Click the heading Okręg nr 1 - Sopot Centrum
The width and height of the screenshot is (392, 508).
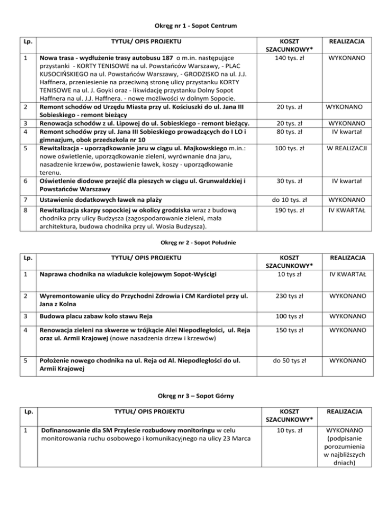point(196,25)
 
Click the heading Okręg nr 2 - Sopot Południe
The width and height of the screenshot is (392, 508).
point(196,242)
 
